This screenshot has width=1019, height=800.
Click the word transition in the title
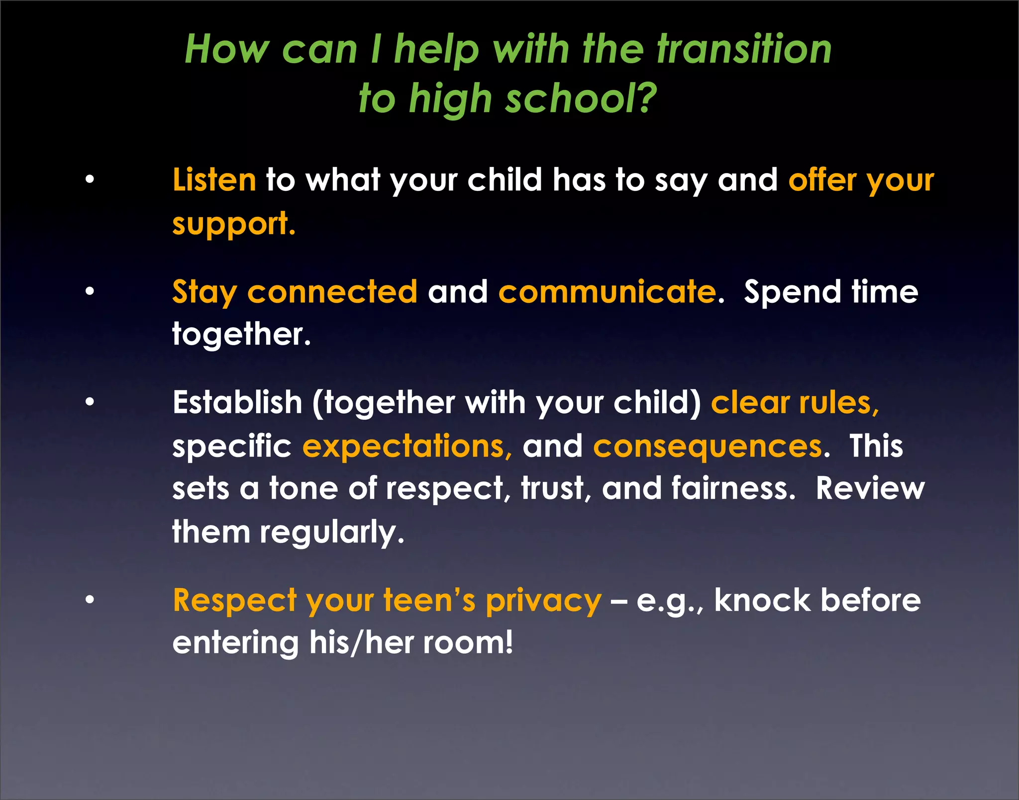(744, 50)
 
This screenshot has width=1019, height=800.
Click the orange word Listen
(214, 179)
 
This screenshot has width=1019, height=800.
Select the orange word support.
(233, 224)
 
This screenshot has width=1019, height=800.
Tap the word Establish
(237, 402)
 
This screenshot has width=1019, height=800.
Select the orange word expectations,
(407, 446)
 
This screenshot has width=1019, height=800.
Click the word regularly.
(332, 533)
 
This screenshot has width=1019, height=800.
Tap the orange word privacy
(543, 601)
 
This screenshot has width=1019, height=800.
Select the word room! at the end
(468, 643)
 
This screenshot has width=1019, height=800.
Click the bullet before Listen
(90, 179)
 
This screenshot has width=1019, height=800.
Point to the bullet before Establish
(90, 402)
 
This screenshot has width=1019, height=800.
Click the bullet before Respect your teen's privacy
(90, 600)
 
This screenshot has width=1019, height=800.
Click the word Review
(870, 488)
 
